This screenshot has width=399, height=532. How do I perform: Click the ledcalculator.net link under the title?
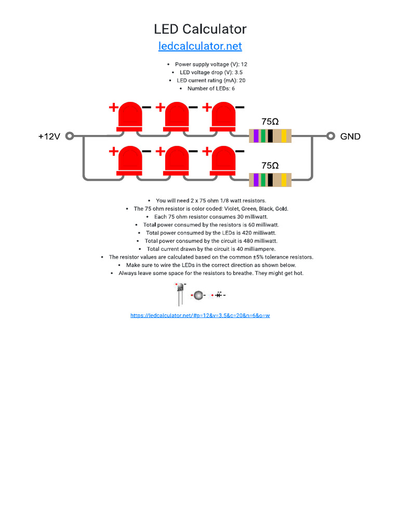(x=200, y=46)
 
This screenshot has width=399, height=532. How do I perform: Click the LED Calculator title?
(x=200, y=29)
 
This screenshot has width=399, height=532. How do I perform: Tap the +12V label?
(x=49, y=137)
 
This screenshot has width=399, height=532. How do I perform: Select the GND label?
(x=350, y=137)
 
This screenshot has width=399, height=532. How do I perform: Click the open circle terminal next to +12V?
(x=70, y=136)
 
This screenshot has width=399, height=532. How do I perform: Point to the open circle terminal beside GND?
(x=330, y=136)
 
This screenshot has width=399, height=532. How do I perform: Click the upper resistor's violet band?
(x=256, y=136)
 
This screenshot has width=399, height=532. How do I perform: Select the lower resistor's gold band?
(x=284, y=180)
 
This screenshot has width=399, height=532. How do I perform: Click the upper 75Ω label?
(x=270, y=121)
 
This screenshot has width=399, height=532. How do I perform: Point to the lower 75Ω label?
(x=270, y=165)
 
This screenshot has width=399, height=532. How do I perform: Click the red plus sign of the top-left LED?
(x=113, y=108)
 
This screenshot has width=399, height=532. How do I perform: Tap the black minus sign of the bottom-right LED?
(x=240, y=152)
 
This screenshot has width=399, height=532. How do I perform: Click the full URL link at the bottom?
(x=200, y=315)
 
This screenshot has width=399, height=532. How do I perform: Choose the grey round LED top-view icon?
(x=197, y=295)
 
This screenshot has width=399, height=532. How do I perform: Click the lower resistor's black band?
(x=270, y=180)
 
